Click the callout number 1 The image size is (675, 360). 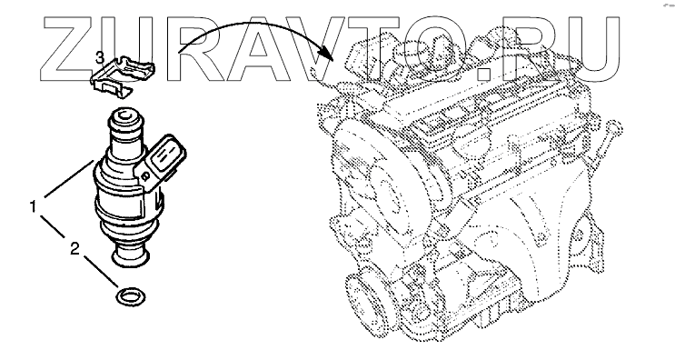(33, 207)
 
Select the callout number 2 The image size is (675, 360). (74, 248)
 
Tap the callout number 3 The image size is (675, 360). (99, 57)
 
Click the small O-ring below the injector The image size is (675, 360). (131, 296)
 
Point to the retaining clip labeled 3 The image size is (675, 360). (122, 76)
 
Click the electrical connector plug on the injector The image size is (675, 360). (162, 163)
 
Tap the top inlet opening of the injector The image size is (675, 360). (124, 115)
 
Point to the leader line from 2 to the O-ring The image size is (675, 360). (101, 272)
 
